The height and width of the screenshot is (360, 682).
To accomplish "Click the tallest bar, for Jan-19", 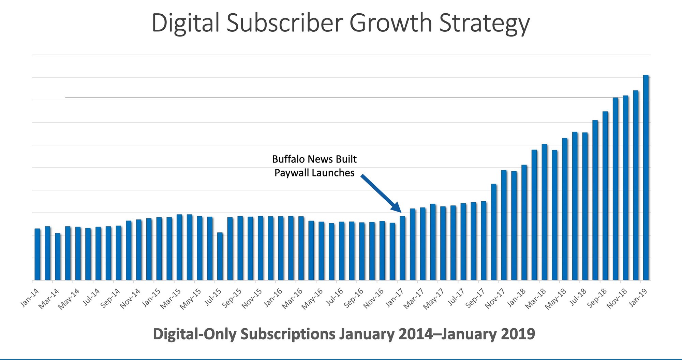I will [x=646, y=177].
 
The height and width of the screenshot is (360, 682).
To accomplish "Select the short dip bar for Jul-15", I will [x=220, y=256].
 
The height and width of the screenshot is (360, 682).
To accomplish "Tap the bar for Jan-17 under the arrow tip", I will [x=402, y=248].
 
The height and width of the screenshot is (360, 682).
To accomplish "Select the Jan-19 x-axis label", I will [x=640, y=298].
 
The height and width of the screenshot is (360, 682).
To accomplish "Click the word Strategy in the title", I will [x=484, y=23].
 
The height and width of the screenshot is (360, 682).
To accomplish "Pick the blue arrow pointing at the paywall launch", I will [x=380, y=193].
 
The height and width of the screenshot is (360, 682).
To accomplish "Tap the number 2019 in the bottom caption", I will [x=518, y=334].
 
